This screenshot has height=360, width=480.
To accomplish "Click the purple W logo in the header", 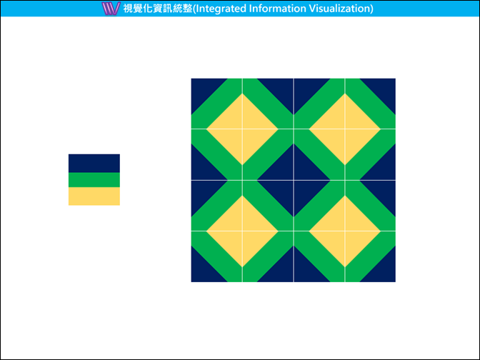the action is click(111, 9).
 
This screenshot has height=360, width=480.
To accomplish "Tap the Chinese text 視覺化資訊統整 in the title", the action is click(158, 9).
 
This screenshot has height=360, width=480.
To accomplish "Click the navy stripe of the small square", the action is click(94, 163).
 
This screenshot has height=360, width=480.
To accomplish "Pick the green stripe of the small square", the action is click(94, 180).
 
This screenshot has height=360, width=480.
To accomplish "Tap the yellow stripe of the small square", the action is click(94, 196).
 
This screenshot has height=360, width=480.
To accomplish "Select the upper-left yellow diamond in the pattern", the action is click(242, 129).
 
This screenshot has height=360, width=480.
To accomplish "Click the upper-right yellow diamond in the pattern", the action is click(345, 129).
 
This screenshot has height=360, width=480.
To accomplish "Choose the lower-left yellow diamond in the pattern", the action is click(242, 231).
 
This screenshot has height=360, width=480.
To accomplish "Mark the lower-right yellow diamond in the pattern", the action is click(345, 231).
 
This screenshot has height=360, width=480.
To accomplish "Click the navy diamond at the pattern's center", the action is click(294, 180).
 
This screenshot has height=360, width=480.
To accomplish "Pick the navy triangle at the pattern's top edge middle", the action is click(294, 92).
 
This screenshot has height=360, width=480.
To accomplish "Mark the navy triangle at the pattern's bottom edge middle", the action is click(294, 269).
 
